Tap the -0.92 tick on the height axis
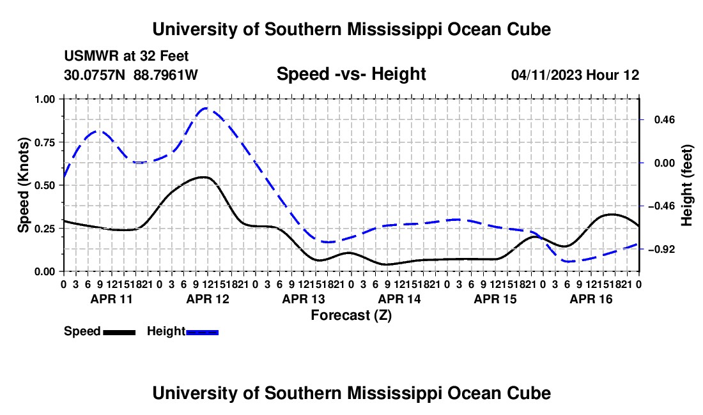tap(661, 250)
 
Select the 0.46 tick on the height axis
tap(665, 120)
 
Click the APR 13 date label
tap(304, 299)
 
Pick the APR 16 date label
tap(591, 299)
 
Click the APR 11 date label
tap(112, 299)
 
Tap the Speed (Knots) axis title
tap(23, 185)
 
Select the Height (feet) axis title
tap(687, 185)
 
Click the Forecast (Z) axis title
tap(351, 315)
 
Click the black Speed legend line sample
tap(120, 333)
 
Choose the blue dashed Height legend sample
tap(202, 333)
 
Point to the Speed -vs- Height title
tap(351, 74)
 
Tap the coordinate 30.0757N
tap(95, 75)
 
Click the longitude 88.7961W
tap(166, 75)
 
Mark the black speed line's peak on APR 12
tap(204, 177)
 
